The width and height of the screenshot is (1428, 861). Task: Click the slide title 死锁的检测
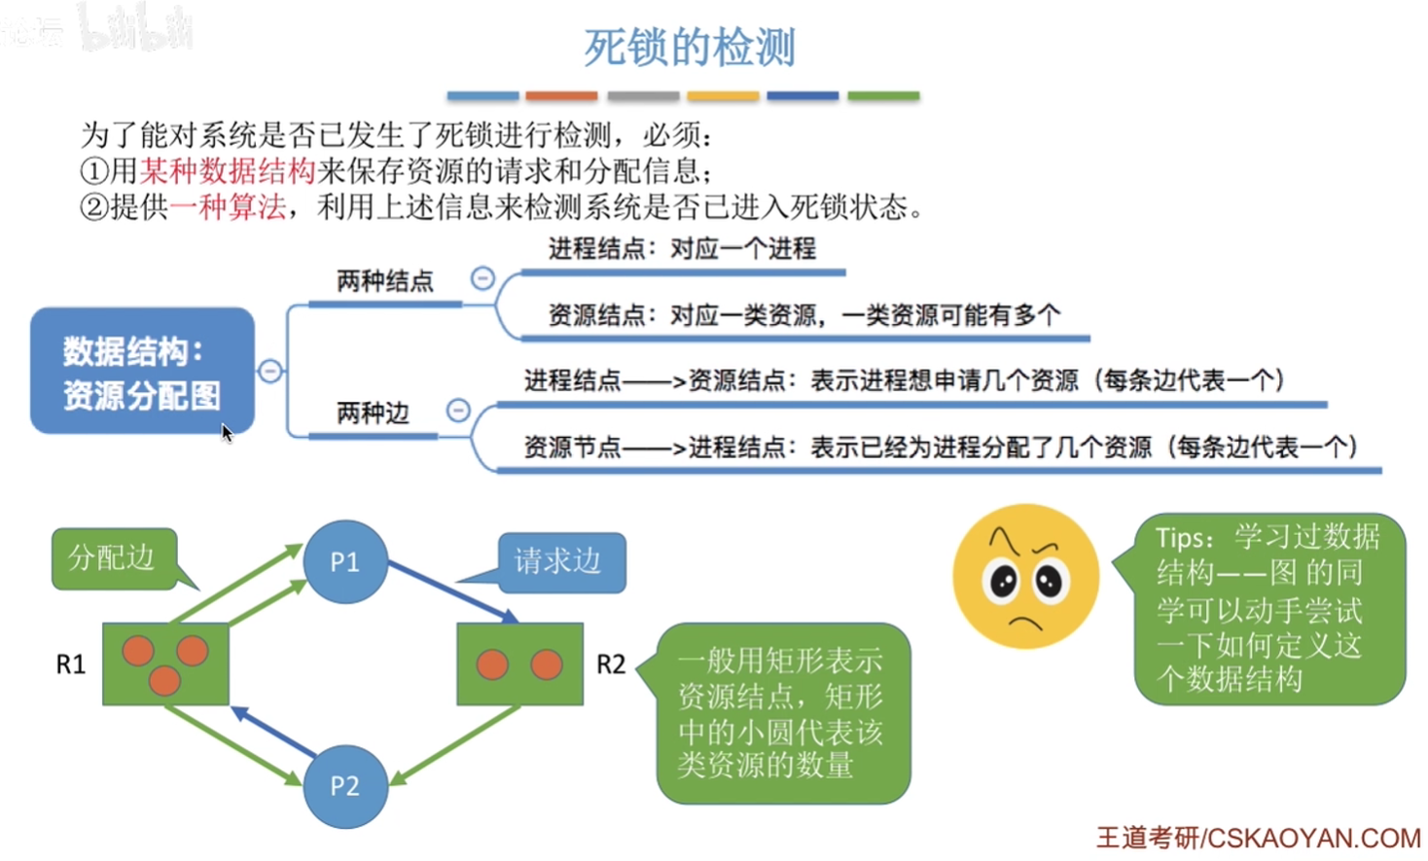pyautogui.click(x=690, y=47)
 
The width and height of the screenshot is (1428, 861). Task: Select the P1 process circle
pyautogui.click(x=345, y=561)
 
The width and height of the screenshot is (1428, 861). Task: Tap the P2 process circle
pyautogui.click(x=345, y=785)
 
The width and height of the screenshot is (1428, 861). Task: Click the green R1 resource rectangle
pyautogui.click(x=165, y=664)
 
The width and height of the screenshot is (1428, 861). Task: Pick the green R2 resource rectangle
pyautogui.click(x=519, y=664)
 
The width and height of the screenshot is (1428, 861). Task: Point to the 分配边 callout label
pyautogui.click(x=113, y=557)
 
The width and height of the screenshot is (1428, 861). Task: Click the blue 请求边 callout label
pyautogui.click(x=560, y=561)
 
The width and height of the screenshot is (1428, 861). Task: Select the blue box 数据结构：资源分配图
pyautogui.click(x=142, y=372)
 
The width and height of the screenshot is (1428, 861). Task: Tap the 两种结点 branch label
pyautogui.click(x=384, y=281)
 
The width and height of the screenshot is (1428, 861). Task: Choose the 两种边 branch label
pyautogui.click(x=373, y=413)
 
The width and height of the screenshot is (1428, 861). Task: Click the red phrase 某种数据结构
pyautogui.click(x=228, y=171)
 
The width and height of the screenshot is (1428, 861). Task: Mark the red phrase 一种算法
pyautogui.click(x=228, y=207)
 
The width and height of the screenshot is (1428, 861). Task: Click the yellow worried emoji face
pyautogui.click(x=1025, y=576)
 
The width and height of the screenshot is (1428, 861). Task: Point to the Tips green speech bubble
pyautogui.click(x=1268, y=608)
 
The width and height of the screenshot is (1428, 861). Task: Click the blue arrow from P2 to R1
pyautogui.click(x=273, y=731)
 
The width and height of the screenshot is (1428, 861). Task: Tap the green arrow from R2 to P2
pyautogui.click(x=455, y=744)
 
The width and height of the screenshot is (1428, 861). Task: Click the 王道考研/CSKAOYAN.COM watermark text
pyautogui.click(x=1258, y=838)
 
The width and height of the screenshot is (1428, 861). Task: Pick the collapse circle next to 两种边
pyautogui.click(x=458, y=411)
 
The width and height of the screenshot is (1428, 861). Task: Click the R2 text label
pyautogui.click(x=611, y=664)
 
